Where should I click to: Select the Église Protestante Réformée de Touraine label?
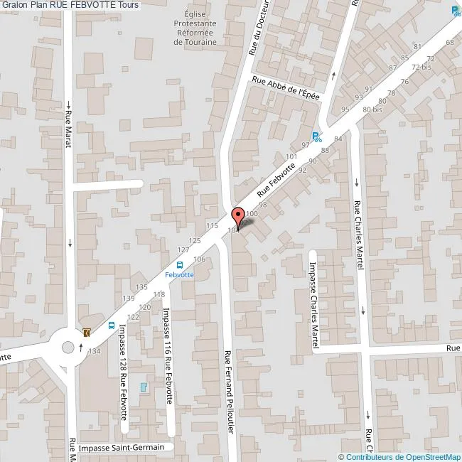pos(195,28)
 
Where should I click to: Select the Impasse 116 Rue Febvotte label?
pos(168,355)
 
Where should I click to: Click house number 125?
pos(195,242)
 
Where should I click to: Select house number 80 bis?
pos(372,110)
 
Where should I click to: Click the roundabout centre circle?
pos(68,348)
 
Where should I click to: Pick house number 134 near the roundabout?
pos(94,351)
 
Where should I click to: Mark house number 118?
pos(159,294)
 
